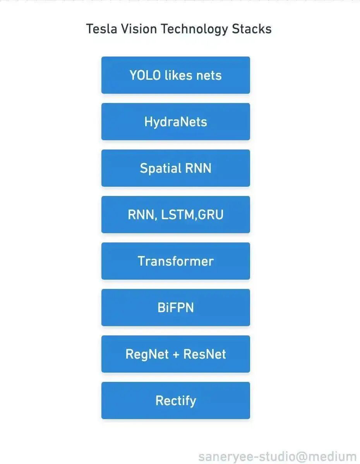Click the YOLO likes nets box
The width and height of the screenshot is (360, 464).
point(175,75)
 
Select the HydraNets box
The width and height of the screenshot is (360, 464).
point(175,122)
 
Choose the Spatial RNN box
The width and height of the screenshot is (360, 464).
point(175,168)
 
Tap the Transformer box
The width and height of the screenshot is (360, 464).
point(175,261)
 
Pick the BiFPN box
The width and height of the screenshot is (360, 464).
point(175,308)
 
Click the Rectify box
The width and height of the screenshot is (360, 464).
point(175,400)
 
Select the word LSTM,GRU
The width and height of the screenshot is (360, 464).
point(192,215)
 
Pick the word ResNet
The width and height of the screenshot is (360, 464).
point(204,354)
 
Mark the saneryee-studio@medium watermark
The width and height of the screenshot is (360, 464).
point(277,457)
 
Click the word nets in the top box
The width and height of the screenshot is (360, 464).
point(209,75)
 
